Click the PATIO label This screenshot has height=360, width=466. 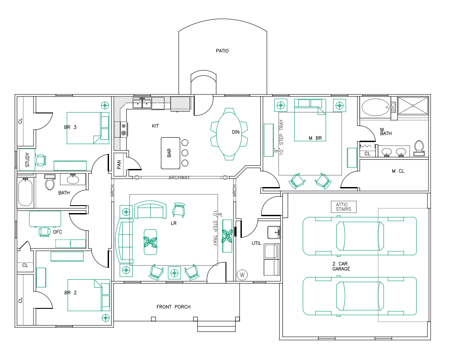point(222,51)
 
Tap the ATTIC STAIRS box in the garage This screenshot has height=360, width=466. point(343,206)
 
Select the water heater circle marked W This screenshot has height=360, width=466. point(242,274)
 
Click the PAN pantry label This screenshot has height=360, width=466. point(119,165)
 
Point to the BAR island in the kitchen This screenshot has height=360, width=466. point(171,153)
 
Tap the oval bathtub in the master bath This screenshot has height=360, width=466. point(375,107)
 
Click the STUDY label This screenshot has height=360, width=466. point(27,160)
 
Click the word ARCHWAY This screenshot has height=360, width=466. point(179,178)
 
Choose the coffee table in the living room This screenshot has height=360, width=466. point(150,242)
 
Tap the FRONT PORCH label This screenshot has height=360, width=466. point(173,307)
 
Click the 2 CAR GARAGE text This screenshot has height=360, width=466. point(342,266)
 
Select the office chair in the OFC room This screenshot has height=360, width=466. point(44,231)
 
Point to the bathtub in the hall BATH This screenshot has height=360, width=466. point(26,192)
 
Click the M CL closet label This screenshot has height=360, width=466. point(399,171)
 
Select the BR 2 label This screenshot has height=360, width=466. point(71,292)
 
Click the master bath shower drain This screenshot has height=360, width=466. point(413,105)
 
